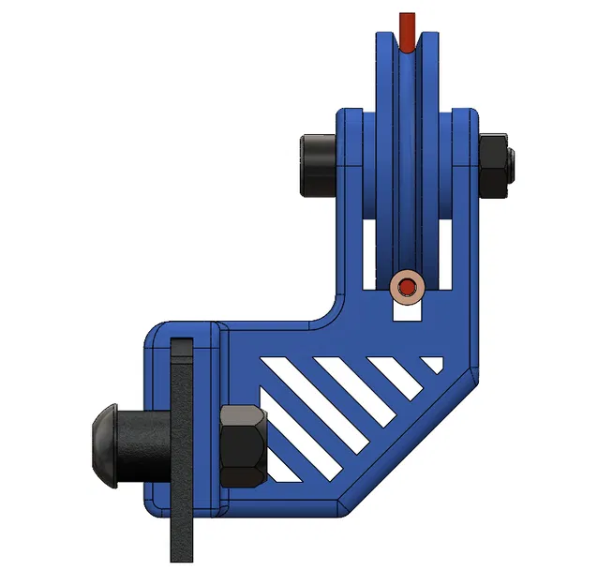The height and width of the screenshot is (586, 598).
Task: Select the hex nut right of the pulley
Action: point(492,166)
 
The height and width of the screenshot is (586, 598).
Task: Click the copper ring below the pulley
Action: point(408,287)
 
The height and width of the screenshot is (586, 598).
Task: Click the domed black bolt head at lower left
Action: point(106,443)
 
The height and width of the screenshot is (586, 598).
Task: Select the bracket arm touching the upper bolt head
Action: point(349,169)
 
